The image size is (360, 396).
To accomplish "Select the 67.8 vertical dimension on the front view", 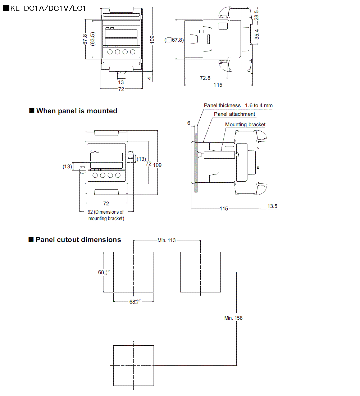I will coord(85,39).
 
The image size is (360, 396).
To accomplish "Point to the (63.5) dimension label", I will coord(93,39).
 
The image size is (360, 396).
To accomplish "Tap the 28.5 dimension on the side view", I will coord(256,15).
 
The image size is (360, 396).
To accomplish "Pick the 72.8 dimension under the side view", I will coord(205,78).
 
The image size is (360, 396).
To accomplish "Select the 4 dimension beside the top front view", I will coord(149,78).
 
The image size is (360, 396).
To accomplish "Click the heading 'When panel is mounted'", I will coord(77,111).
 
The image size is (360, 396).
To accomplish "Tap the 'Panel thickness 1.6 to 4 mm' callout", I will coord(238,105).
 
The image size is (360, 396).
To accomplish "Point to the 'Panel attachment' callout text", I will coord(234,114).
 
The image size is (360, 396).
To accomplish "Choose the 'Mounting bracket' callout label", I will coord(245,124).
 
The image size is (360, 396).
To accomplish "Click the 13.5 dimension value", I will coord(273,206).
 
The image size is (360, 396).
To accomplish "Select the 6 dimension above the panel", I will coord(189,123).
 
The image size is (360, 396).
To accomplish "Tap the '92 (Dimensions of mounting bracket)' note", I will coord(106,215).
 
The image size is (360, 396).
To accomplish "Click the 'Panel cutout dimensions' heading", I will coord(78,240).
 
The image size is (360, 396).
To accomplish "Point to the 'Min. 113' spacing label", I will coord(167,240).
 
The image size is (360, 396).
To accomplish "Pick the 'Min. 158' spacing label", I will coord(233,318).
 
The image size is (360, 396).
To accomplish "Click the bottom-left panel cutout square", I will coord(133,365).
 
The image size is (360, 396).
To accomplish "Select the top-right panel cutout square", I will coord(200,272).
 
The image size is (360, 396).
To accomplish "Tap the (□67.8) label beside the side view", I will coord(174,40).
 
